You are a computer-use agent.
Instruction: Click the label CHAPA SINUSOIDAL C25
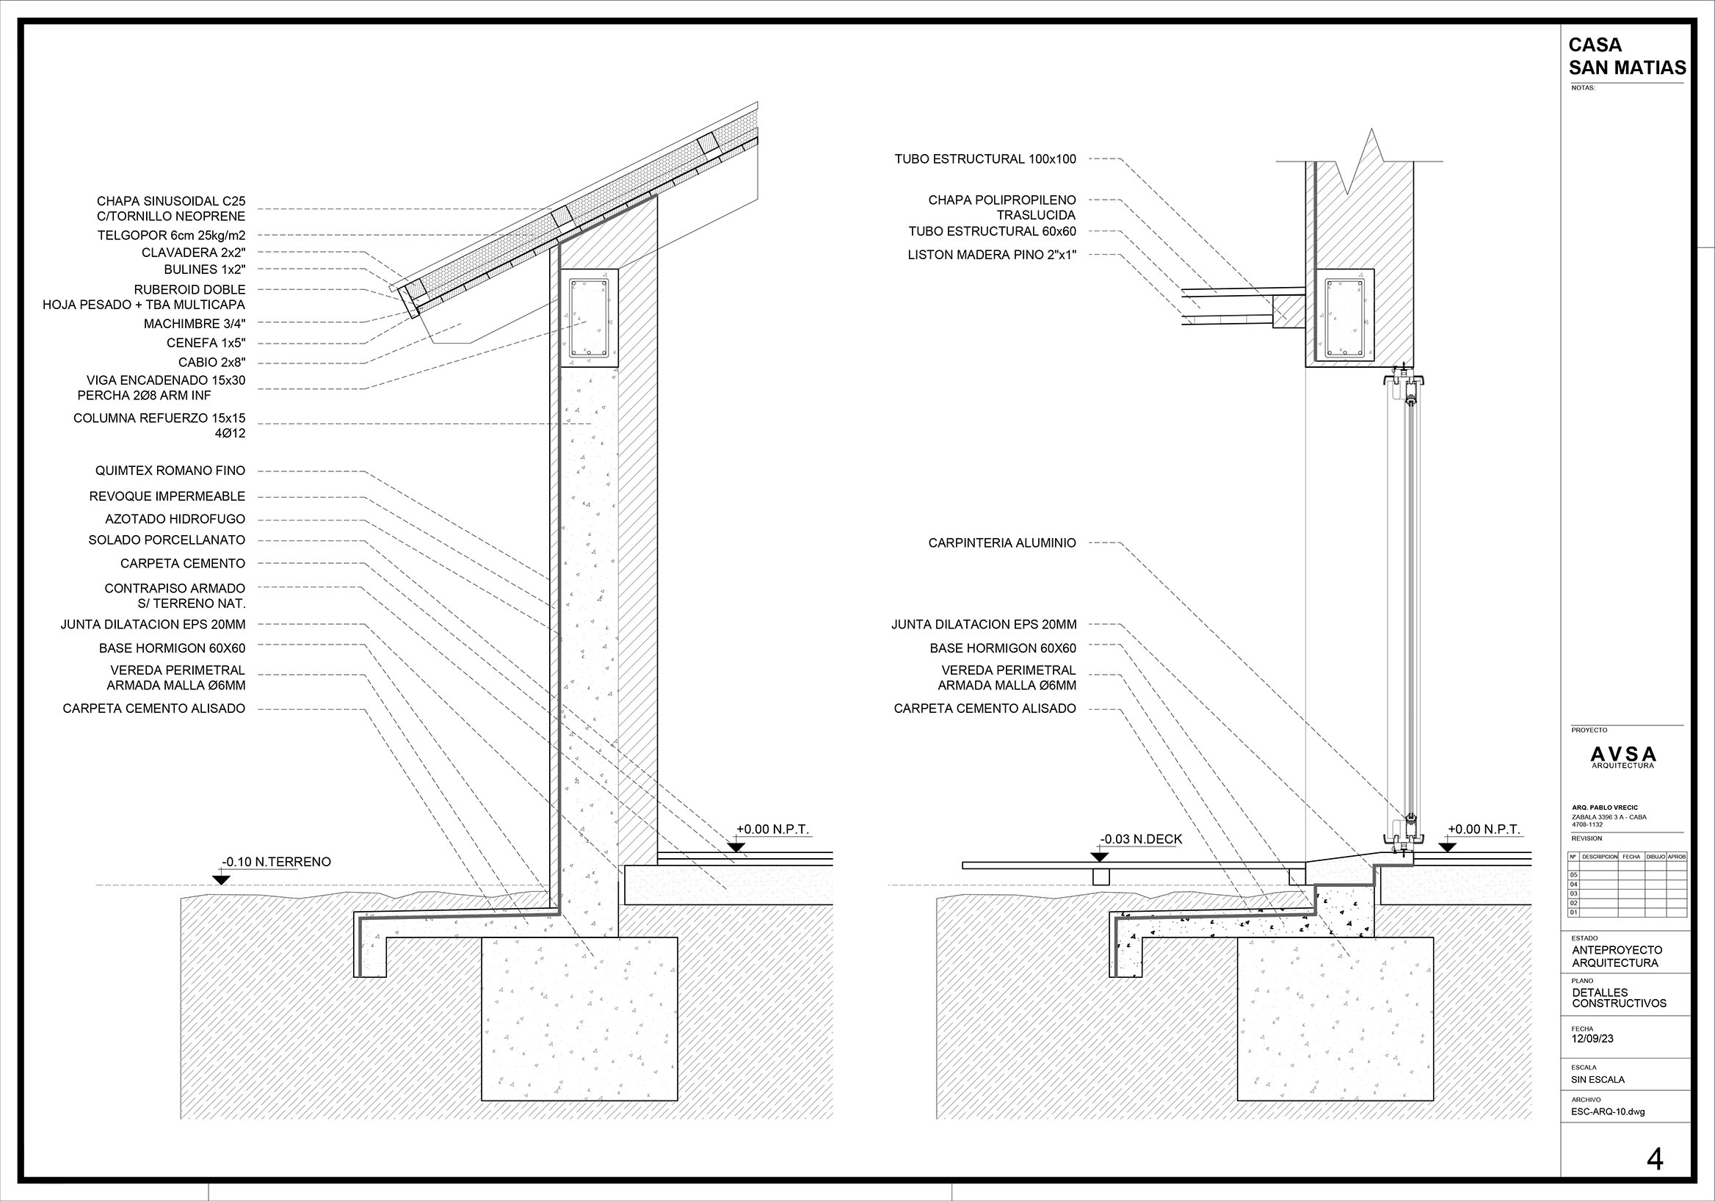click(171, 202)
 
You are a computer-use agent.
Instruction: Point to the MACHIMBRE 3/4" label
click(195, 324)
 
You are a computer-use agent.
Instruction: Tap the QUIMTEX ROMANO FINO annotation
click(170, 471)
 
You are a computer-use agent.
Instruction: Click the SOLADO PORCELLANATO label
click(167, 540)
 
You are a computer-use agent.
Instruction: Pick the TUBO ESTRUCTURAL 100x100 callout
click(985, 159)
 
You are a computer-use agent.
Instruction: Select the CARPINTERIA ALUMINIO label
click(1001, 543)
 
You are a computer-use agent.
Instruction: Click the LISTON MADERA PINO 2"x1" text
click(992, 255)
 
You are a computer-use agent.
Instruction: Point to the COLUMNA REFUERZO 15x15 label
click(159, 418)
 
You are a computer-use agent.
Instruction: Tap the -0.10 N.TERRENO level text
click(276, 862)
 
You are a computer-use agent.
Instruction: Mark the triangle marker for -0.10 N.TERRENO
click(221, 880)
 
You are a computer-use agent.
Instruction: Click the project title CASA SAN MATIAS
click(1627, 57)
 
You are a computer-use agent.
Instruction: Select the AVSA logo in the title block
click(1623, 757)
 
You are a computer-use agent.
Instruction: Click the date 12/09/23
click(1592, 1039)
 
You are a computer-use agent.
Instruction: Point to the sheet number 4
click(1656, 1159)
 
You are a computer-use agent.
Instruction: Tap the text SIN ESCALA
click(1598, 1079)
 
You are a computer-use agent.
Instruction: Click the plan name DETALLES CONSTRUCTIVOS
click(1619, 998)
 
